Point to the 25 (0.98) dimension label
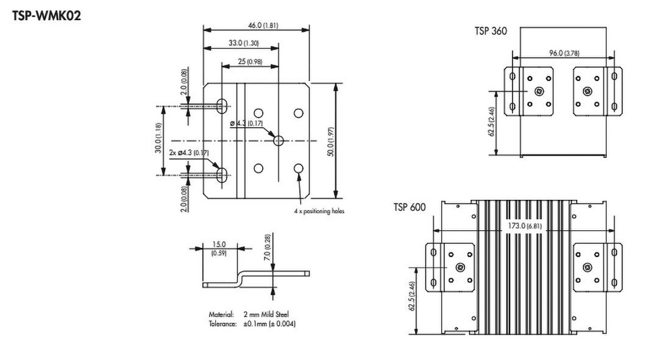(x=250, y=61)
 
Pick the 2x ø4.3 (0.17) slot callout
(x=189, y=152)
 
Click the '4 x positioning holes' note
(x=319, y=211)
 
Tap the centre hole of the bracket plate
(x=278, y=140)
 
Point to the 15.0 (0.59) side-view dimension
(x=220, y=248)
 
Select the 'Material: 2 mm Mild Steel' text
(x=250, y=314)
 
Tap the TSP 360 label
(x=490, y=30)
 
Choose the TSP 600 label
(x=409, y=207)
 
